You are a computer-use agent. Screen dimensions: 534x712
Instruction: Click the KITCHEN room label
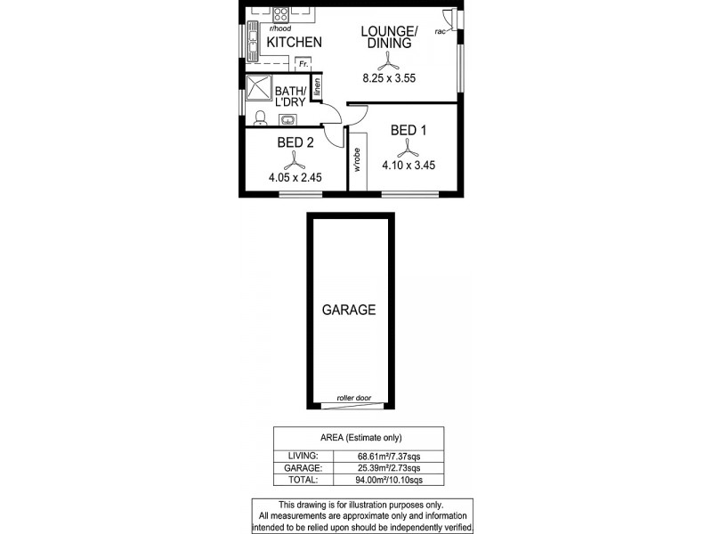[295, 42]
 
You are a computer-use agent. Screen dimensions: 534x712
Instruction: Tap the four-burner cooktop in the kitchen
[280, 14]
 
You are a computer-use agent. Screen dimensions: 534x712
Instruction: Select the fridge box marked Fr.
[303, 64]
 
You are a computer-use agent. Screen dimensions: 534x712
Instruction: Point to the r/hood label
[264, 29]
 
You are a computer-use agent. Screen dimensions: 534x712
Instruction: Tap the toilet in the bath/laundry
[259, 118]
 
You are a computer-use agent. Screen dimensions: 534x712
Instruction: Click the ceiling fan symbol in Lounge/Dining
[388, 61]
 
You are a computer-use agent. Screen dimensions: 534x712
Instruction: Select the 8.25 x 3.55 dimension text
[388, 78]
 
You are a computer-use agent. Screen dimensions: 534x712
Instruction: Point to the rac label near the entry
[440, 32]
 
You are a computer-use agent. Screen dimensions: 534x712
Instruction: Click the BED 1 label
[409, 131]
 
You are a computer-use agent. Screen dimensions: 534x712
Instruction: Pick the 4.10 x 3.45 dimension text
[408, 165]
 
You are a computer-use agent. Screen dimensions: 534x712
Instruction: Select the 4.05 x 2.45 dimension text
[294, 177]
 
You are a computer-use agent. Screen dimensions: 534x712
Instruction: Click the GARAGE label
[349, 311]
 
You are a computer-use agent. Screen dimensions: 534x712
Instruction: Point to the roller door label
[353, 398]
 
